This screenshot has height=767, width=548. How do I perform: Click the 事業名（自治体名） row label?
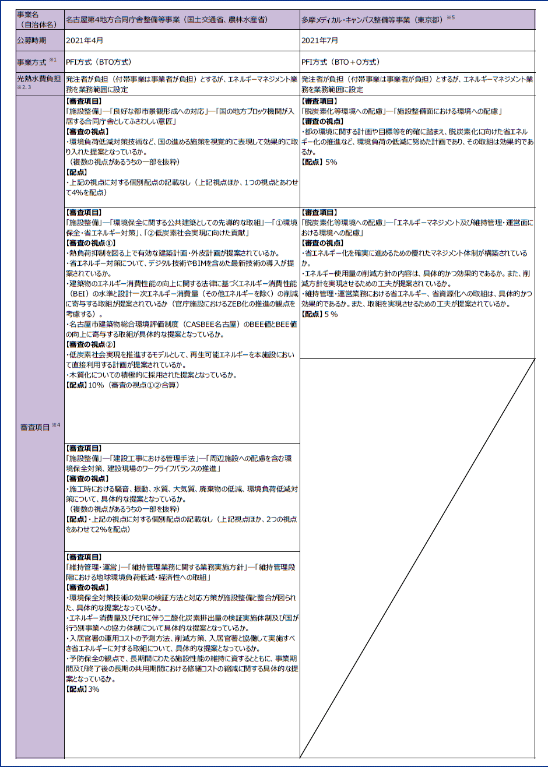pos(32,19)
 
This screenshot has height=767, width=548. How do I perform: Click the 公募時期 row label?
pos(32,41)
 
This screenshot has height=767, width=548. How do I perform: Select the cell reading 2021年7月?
pos(319,41)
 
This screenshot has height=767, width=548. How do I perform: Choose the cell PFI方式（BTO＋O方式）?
pos(339,61)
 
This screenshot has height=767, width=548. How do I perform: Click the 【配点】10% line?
pos(122,385)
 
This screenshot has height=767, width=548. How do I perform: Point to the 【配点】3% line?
pos(83,689)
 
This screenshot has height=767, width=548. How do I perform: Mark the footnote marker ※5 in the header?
pos(450,17)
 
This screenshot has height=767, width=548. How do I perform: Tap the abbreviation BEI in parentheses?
pos(78,294)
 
